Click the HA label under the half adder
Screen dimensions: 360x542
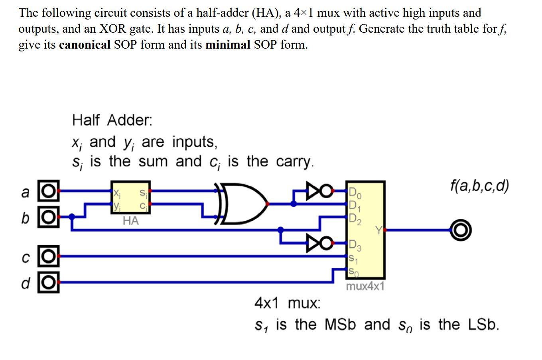click(x=131, y=220)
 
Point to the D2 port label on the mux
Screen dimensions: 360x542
click(x=355, y=218)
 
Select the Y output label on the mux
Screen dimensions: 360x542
click(x=379, y=230)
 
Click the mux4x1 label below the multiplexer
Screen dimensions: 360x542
click(x=365, y=286)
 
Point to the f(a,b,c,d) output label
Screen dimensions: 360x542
click(x=479, y=186)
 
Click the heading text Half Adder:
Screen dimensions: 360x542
click(x=112, y=120)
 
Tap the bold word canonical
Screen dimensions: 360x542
click(x=85, y=45)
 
